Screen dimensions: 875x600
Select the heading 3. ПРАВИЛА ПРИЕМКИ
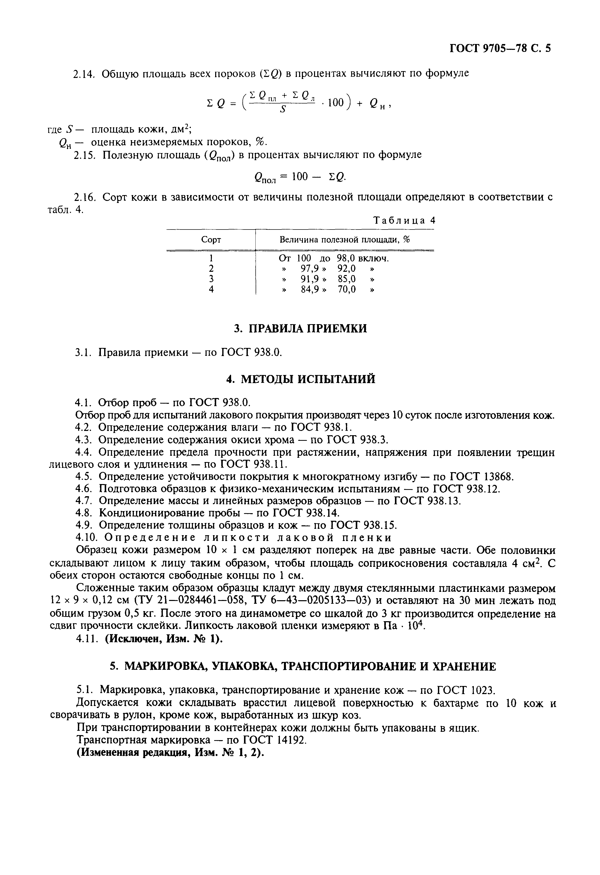tap(300, 329)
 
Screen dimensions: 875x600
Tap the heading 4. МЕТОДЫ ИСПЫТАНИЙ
tap(301, 379)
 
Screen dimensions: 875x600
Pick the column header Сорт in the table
tap(211, 240)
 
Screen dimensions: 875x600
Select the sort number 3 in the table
tap(211, 279)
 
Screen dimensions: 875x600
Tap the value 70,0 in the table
tap(347, 289)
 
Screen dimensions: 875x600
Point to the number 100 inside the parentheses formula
tap(336, 103)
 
